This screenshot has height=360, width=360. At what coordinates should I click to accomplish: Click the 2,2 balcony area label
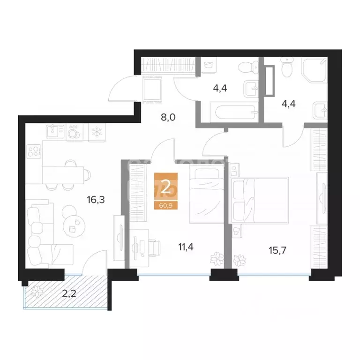[69, 294]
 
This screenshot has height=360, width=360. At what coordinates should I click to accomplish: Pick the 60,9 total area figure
[166, 205]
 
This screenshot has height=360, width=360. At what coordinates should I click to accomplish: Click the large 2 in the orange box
[166, 187]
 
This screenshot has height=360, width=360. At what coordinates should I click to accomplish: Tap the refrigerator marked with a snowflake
[96, 132]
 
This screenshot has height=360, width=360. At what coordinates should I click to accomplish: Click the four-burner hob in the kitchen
[33, 151]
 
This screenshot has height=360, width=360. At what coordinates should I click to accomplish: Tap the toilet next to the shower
[287, 69]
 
